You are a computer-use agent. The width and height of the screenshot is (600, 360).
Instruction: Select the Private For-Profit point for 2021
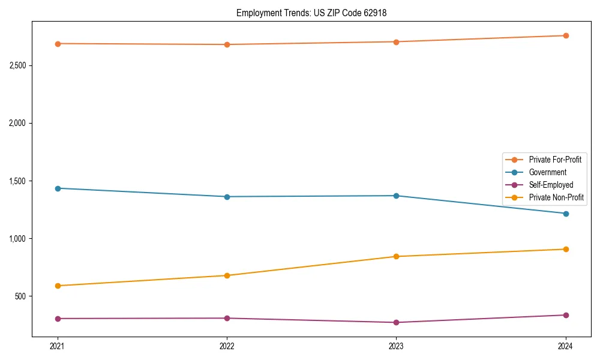click(58, 44)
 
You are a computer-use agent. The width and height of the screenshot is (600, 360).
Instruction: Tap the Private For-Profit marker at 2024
click(566, 35)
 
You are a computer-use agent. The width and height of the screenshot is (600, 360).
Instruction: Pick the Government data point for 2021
click(58, 188)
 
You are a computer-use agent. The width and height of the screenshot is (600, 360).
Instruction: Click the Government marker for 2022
click(227, 197)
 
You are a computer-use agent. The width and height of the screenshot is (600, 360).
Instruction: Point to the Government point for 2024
click(566, 214)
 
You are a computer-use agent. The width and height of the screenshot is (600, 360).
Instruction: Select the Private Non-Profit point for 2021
click(58, 286)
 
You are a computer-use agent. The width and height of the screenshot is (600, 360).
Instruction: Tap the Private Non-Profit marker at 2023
click(396, 257)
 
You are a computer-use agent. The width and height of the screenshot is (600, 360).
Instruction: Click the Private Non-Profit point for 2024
click(566, 249)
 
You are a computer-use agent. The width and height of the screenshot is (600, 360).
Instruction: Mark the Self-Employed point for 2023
click(396, 323)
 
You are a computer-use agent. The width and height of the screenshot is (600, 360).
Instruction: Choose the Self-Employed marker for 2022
click(227, 318)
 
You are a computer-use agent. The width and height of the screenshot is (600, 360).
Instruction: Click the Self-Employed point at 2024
click(566, 315)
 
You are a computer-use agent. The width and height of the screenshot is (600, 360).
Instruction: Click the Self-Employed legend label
click(551, 185)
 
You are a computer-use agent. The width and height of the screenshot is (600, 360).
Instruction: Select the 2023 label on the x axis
click(396, 346)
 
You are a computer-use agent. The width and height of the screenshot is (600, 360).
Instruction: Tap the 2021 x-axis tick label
click(58, 346)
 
